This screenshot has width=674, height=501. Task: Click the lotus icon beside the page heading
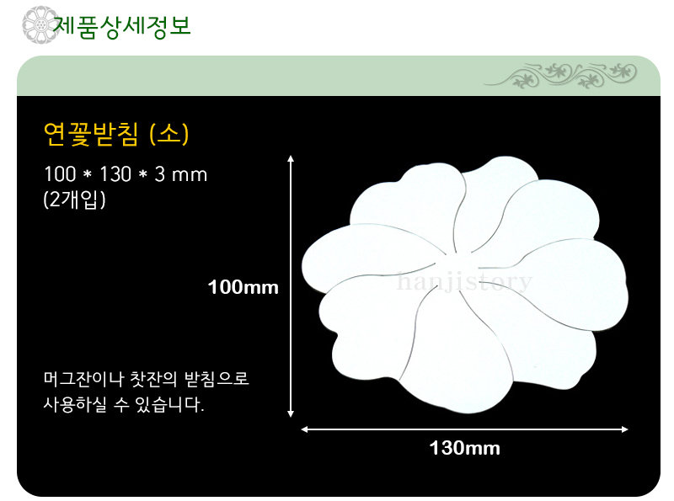coord(40,24)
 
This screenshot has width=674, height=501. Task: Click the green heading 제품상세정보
coord(121,26)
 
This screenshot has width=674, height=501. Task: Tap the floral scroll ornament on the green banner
coord(560,76)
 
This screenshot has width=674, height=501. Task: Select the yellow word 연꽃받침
coord(91,135)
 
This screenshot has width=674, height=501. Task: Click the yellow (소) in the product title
coord(169,135)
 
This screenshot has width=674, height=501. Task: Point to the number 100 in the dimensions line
coord(60,174)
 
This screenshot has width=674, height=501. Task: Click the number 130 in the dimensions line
coord(115,174)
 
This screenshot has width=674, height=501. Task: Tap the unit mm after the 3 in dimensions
coord(190,175)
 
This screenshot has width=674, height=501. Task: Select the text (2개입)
coord(74,200)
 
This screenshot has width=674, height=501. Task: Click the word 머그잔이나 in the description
coord(83,379)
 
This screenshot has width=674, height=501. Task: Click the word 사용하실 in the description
coord(75,404)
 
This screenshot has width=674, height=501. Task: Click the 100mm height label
coord(243,287)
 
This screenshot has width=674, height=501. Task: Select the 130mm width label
coord(465,448)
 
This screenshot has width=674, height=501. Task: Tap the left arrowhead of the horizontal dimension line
coord(303,429)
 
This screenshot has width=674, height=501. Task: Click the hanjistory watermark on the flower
coord(465,282)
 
